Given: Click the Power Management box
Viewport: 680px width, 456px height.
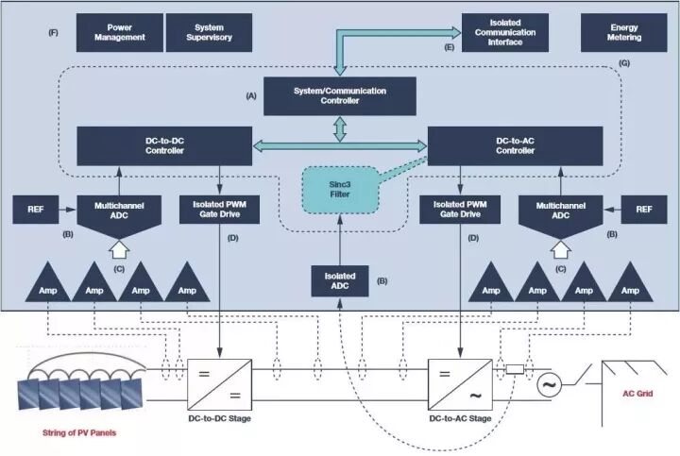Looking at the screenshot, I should pyautogui.click(x=119, y=32).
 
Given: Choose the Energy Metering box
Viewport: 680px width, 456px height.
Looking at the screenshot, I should pyautogui.click(x=624, y=32).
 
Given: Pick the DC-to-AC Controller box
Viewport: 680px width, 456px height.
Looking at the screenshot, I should pyautogui.click(x=516, y=145).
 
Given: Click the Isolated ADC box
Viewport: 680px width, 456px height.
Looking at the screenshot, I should pyautogui.click(x=339, y=280).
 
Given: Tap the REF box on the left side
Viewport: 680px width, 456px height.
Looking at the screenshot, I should pyautogui.click(x=35, y=210).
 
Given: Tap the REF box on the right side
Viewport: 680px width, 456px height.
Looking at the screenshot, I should pyautogui.click(x=644, y=210).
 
